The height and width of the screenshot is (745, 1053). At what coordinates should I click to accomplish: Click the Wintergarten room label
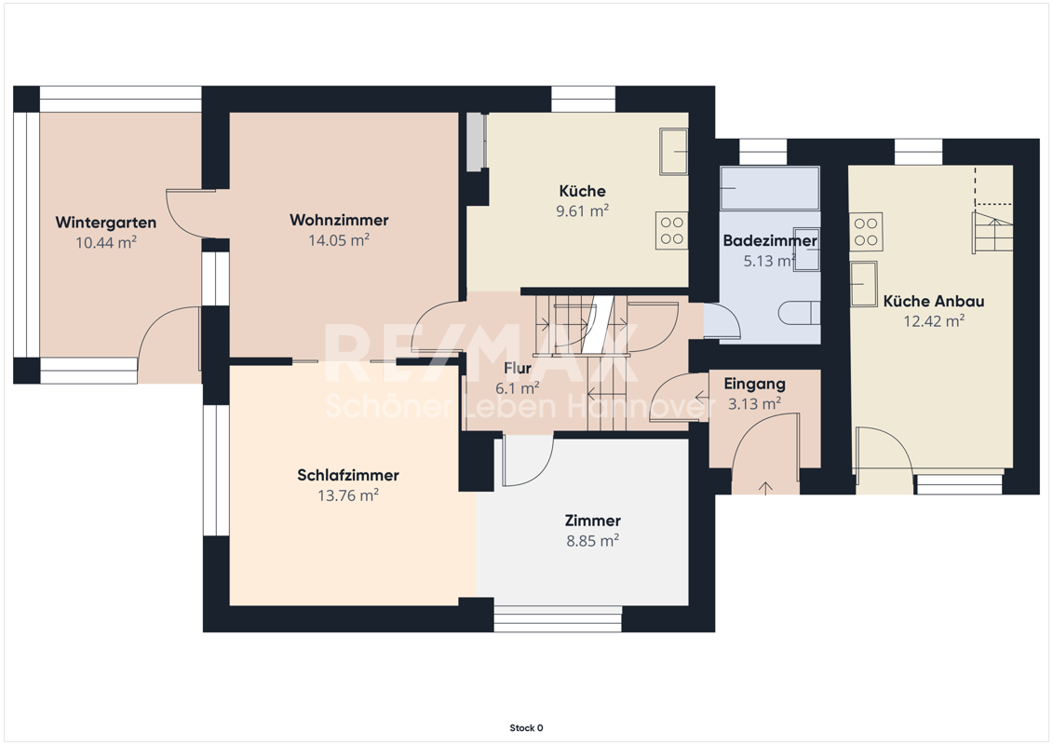[x=105, y=223]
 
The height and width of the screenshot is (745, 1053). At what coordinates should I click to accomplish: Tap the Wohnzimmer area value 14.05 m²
[x=339, y=240]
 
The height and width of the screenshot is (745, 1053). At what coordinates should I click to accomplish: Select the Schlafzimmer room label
[x=348, y=475]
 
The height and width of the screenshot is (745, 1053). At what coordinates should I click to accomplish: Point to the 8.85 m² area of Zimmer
[x=592, y=540]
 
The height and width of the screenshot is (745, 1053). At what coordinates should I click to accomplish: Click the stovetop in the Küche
[x=671, y=230]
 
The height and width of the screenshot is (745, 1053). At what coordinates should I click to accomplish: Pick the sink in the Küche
[x=673, y=152]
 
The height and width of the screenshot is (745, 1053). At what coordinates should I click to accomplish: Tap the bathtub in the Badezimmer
[x=770, y=188]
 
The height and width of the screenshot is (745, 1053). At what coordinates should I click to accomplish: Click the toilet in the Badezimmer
[x=800, y=313]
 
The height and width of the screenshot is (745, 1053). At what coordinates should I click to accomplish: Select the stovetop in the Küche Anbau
[x=866, y=232]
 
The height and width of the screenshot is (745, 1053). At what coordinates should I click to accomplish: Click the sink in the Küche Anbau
[x=864, y=283]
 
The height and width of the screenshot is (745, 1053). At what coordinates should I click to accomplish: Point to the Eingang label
[x=754, y=385]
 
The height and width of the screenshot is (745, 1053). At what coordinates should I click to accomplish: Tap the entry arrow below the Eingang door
[x=765, y=488]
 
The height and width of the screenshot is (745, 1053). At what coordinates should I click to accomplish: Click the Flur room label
[x=517, y=368]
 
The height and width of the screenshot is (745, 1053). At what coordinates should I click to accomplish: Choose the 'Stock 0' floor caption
[x=526, y=728]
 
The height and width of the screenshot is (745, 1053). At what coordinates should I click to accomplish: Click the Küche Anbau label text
[x=934, y=301]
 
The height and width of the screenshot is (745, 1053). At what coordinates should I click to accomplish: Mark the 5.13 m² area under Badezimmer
[x=770, y=261]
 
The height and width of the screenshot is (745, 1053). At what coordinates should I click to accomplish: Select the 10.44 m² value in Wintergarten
[x=105, y=242]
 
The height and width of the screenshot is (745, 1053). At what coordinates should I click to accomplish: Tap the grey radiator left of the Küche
[x=476, y=141]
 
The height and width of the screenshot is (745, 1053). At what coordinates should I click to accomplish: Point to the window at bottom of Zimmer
[x=558, y=618]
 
